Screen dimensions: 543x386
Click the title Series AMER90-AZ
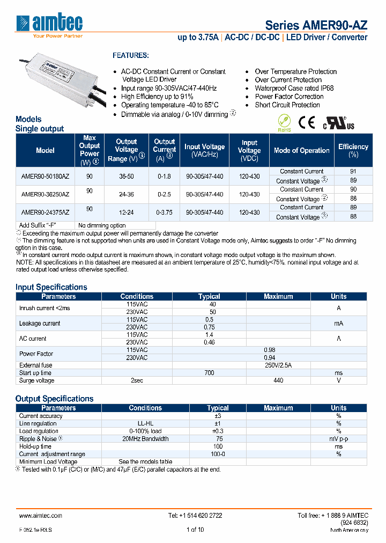(x=316, y=25)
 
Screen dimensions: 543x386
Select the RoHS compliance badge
(x=284, y=123)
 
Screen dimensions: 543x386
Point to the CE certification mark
(x=306, y=123)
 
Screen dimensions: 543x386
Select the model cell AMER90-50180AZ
(x=45, y=176)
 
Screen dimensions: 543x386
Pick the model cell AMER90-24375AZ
(x=45, y=212)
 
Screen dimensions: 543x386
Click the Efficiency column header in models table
(x=353, y=150)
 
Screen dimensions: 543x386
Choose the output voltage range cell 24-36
(x=127, y=194)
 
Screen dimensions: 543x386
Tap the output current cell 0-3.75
(x=165, y=212)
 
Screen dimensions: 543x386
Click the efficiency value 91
(x=353, y=172)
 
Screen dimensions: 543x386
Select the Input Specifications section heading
(x=51, y=287)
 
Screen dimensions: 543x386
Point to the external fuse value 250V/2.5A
(x=278, y=365)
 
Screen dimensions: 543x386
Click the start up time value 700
(x=209, y=373)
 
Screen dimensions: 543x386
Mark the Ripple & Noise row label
(x=39, y=438)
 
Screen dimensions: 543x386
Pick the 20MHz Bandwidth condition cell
(x=145, y=438)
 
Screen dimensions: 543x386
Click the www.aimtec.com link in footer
(x=41, y=515)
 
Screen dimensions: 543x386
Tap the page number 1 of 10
(x=195, y=530)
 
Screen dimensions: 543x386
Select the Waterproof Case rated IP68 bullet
(x=294, y=88)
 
